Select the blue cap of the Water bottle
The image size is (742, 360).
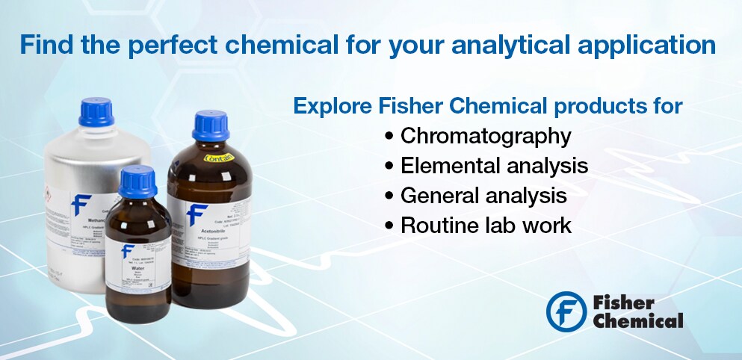137,181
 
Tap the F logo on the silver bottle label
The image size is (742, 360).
80,205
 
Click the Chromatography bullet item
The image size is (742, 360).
486,136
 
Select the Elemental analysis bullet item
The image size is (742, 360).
494,165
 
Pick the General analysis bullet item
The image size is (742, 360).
483,195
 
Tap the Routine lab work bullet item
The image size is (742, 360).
486,225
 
